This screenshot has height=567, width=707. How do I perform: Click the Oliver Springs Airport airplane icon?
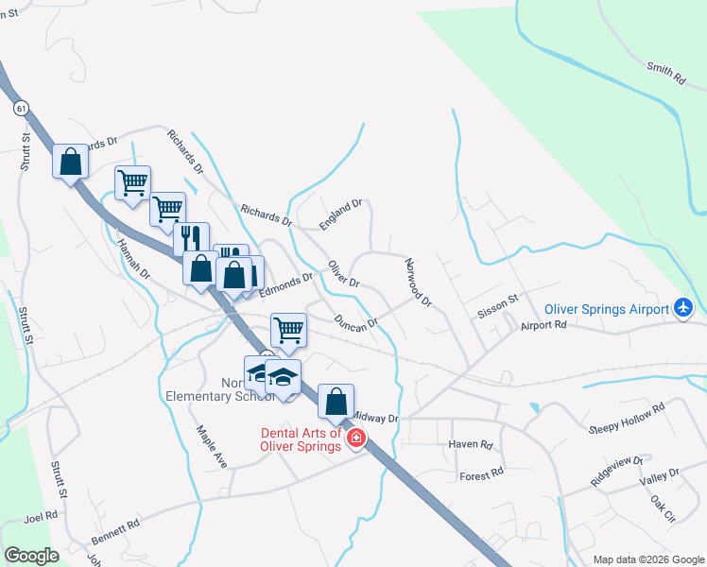683,307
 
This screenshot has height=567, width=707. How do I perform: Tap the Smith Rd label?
665,74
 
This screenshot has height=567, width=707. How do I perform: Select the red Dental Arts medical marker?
355,438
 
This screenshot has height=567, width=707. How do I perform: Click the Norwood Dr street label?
418,283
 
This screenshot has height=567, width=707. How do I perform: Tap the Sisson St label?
499,305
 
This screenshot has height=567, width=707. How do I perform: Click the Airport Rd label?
543,325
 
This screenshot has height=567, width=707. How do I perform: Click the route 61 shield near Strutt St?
21,109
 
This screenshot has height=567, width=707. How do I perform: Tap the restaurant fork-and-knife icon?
191,237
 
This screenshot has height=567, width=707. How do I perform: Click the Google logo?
31,556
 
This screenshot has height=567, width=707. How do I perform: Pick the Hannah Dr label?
133,257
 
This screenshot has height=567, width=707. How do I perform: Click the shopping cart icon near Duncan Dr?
288,330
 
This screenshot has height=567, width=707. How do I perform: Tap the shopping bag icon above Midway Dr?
336,401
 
